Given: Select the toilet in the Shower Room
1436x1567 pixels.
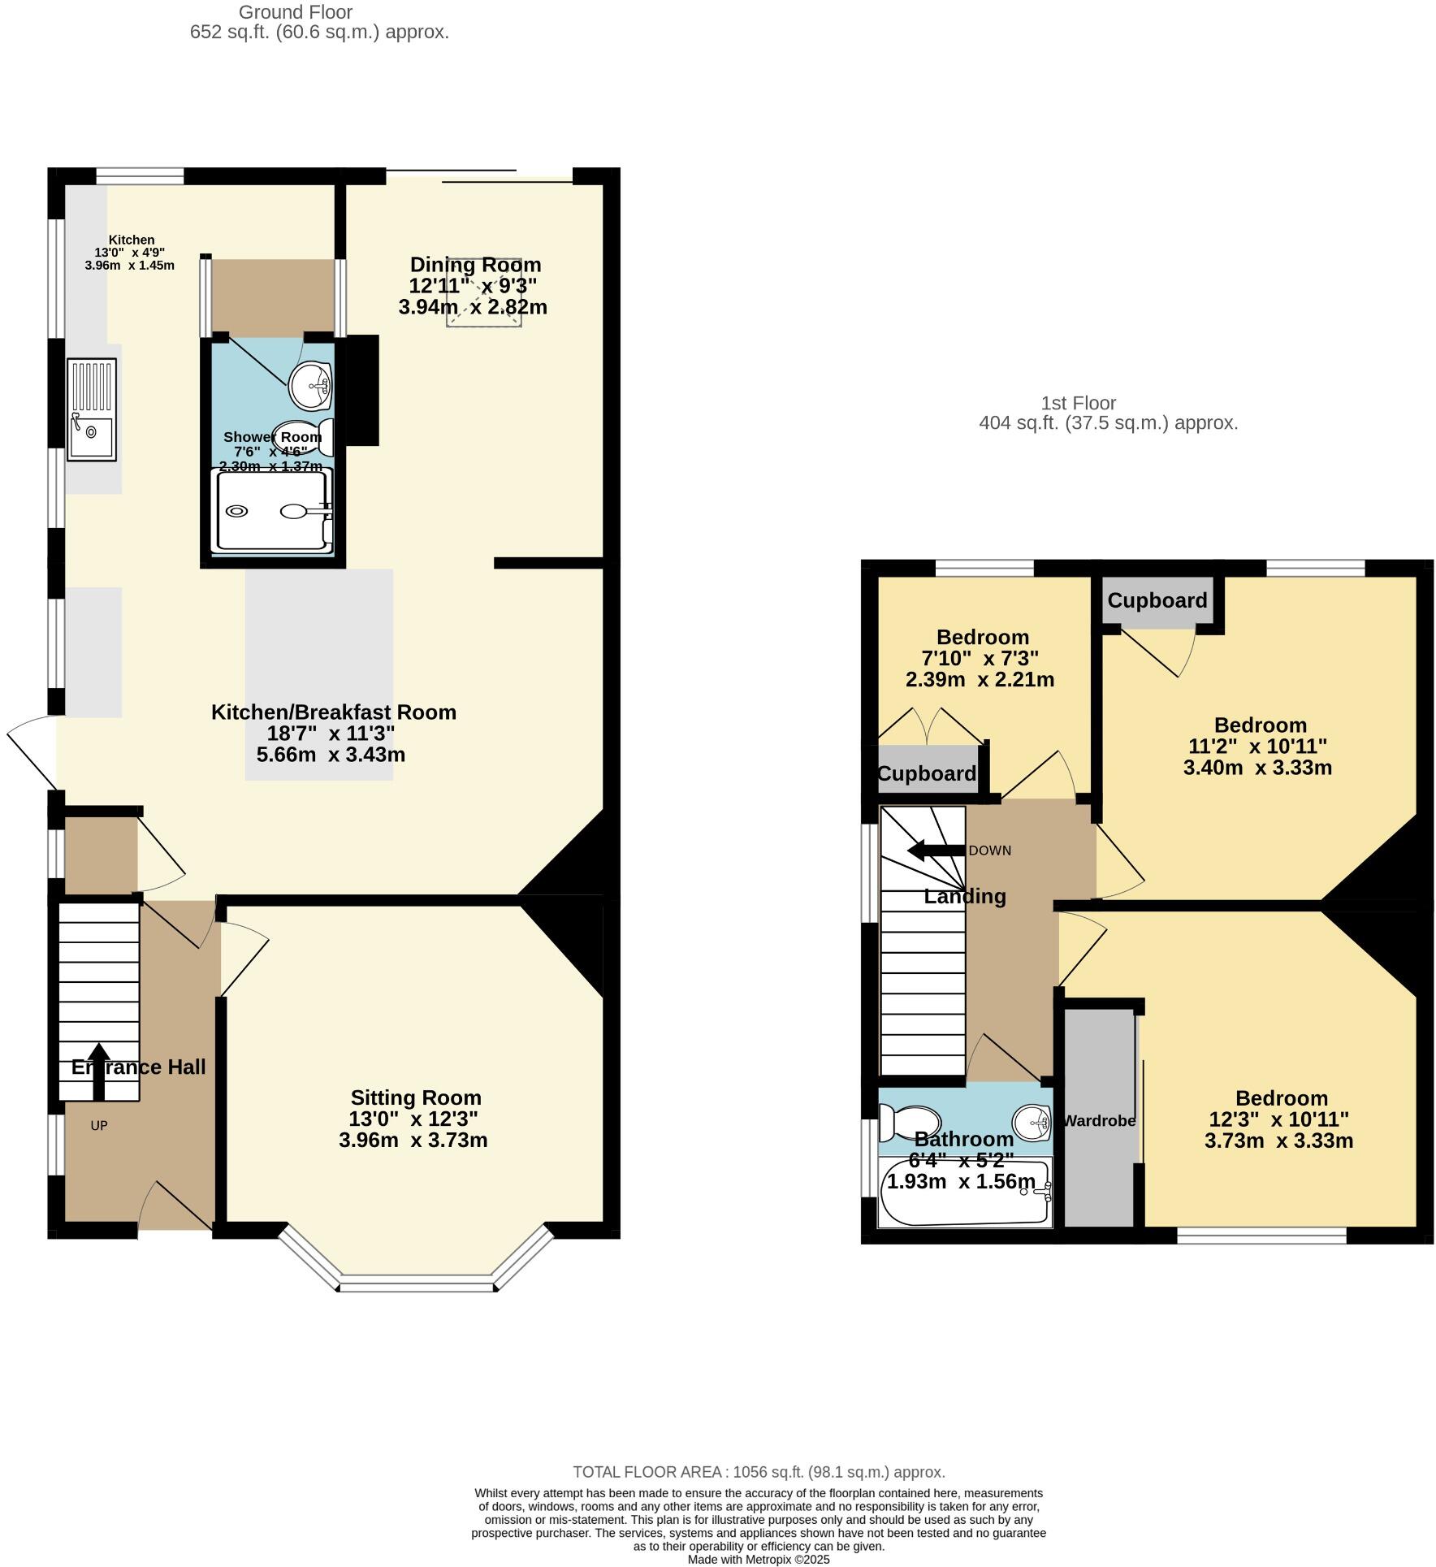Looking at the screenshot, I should [x=304, y=435].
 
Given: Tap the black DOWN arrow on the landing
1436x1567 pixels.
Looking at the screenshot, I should [x=935, y=851].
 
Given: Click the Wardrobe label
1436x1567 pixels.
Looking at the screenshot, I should [x=1098, y=1121].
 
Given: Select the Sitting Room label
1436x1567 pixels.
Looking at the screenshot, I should [x=416, y=1097].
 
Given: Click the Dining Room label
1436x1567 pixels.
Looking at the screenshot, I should [x=475, y=265].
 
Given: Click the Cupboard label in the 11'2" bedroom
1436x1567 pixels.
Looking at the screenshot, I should [x=1157, y=600].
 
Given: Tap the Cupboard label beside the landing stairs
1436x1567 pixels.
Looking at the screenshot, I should [x=926, y=773].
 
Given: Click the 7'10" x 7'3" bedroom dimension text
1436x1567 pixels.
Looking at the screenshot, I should [x=979, y=658].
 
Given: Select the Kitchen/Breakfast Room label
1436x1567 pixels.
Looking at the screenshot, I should [x=333, y=712].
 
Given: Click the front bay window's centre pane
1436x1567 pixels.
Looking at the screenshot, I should [x=417, y=1285].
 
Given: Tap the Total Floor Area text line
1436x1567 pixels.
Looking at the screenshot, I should [x=759, y=1472].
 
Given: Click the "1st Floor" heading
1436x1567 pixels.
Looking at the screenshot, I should [x=1078, y=403].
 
